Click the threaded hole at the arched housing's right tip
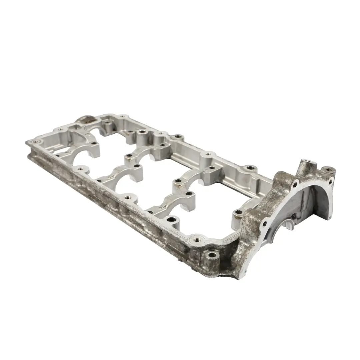329,170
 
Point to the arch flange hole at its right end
331,182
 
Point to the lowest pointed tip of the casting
239,278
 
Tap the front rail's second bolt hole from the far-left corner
80,169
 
